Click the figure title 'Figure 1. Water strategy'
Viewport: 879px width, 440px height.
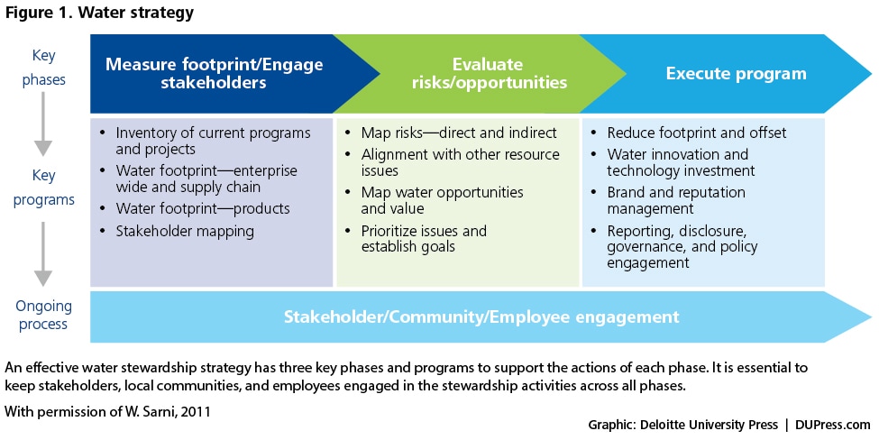pos(99,13)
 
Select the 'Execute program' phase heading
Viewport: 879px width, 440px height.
pos(736,73)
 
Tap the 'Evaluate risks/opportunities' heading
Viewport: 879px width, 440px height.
pos(489,73)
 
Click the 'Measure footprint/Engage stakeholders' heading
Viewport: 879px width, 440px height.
pos(215,73)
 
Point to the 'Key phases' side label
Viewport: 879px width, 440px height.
pos(43,68)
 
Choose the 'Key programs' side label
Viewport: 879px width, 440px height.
pos(43,188)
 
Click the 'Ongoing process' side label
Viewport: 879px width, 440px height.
pos(43,315)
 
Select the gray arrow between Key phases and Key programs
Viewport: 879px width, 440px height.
pos(43,124)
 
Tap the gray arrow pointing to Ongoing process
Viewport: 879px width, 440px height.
pos(43,254)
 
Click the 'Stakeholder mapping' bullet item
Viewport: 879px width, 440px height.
pos(185,232)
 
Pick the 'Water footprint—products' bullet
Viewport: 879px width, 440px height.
pos(202,208)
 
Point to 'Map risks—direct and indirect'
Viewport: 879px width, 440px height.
pos(459,133)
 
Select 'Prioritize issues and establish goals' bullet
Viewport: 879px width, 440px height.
pos(424,239)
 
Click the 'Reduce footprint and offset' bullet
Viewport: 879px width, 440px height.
pos(696,133)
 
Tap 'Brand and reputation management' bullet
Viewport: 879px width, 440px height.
pos(676,200)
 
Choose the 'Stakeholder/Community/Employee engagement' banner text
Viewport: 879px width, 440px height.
pos(481,316)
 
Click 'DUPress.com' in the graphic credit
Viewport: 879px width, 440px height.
pos(832,425)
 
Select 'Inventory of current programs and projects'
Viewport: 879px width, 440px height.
pos(213,141)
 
